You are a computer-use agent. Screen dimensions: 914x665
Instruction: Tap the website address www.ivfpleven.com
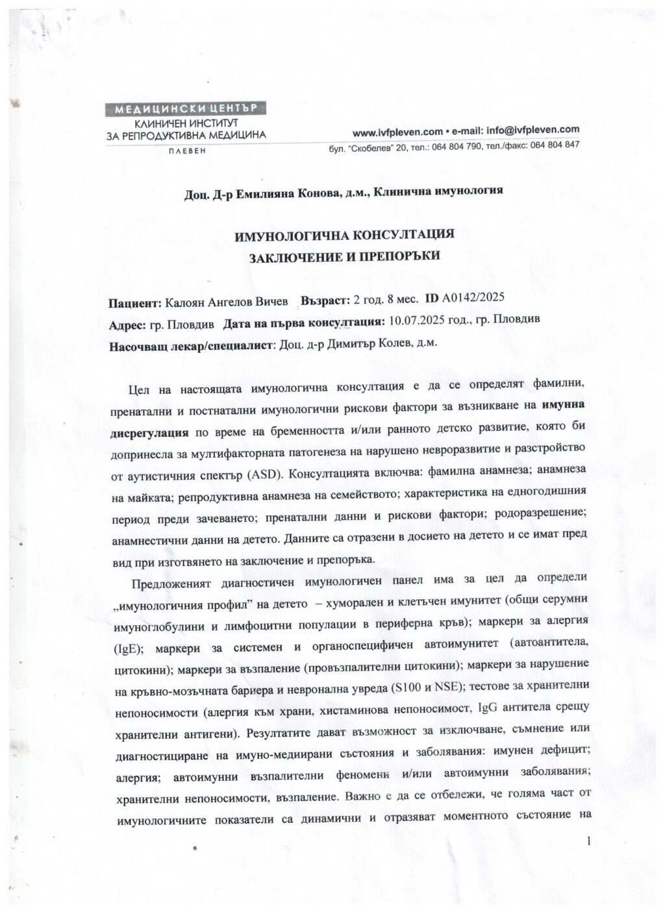(x=388, y=131)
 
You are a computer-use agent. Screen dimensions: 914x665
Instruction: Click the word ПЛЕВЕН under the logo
(x=186, y=151)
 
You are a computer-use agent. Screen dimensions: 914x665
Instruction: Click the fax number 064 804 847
(x=555, y=145)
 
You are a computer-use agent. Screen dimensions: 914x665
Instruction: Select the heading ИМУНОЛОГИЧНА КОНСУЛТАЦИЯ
(x=343, y=234)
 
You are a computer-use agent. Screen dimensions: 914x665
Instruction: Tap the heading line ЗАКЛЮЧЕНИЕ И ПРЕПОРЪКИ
(x=345, y=256)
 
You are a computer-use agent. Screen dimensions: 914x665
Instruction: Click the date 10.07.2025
(x=412, y=321)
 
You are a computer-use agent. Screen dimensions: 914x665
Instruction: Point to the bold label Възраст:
(x=324, y=301)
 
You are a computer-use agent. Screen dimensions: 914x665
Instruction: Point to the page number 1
(x=588, y=842)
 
